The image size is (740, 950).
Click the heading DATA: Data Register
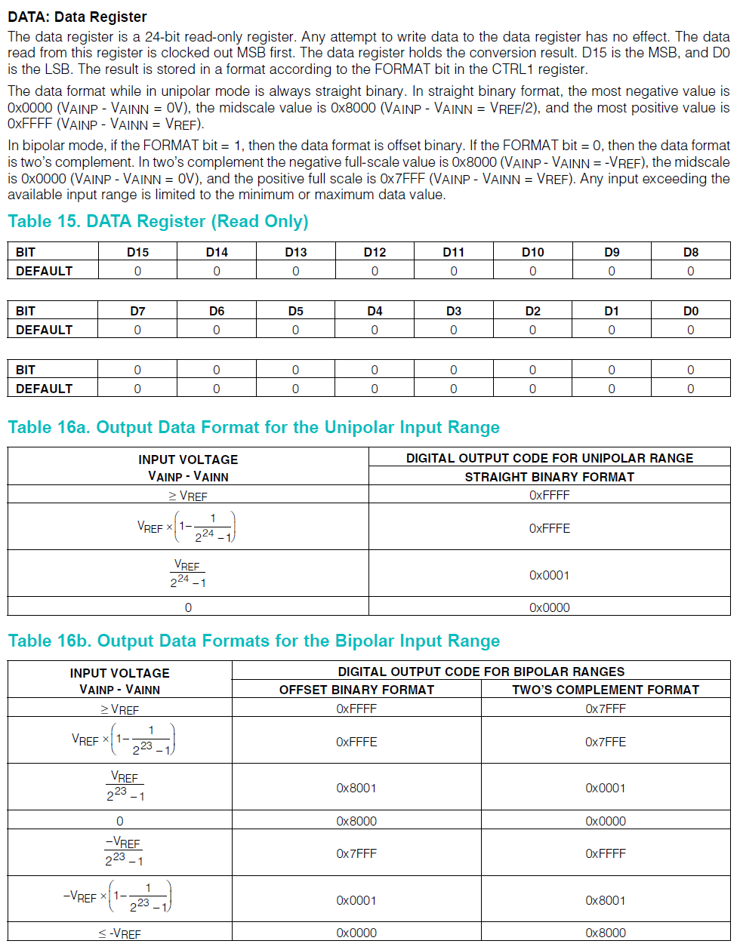(x=77, y=17)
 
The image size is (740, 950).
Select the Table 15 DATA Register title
(x=158, y=221)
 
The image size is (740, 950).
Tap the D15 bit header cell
(x=137, y=252)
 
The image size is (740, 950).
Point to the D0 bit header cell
(x=690, y=311)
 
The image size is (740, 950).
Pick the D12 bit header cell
(x=375, y=252)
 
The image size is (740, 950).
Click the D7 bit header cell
(x=137, y=311)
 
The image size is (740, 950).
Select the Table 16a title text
(x=254, y=427)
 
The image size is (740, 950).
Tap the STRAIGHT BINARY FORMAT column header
(x=549, y=477)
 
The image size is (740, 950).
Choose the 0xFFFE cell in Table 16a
(x=549, y=528)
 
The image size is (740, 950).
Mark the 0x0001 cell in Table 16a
(x=549, y=575)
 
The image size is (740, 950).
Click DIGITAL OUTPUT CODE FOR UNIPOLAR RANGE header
(x=549, y=458)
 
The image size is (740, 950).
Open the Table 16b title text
(x=254, y=641)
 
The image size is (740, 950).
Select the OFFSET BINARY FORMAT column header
(x=356, y=690)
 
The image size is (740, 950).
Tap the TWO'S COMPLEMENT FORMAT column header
(x=606, y=690)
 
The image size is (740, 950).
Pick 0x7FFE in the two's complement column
(x=606, y=742)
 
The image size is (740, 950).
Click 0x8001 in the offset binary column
(x=356, y=788)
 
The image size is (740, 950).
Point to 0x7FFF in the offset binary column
(x=356, y=853)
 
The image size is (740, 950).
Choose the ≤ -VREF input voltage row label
(x=119, y=933)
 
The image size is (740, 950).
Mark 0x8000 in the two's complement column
(x=606, y=933)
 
